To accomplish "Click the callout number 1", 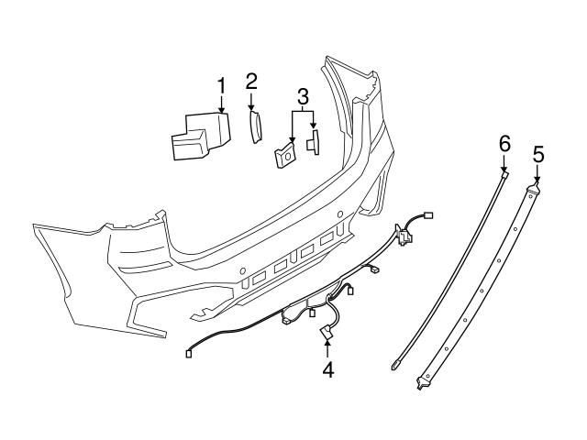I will pos(221,87).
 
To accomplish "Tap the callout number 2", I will pos(251,82).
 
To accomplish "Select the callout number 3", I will pos(303,96).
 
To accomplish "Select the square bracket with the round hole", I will pos(284,156).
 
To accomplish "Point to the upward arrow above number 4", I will pos(327,348).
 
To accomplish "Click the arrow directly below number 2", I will pos(251,101).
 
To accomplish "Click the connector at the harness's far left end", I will pos(190,351).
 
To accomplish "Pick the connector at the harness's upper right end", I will pos(429,216).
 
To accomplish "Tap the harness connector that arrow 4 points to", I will pos(326,334).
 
